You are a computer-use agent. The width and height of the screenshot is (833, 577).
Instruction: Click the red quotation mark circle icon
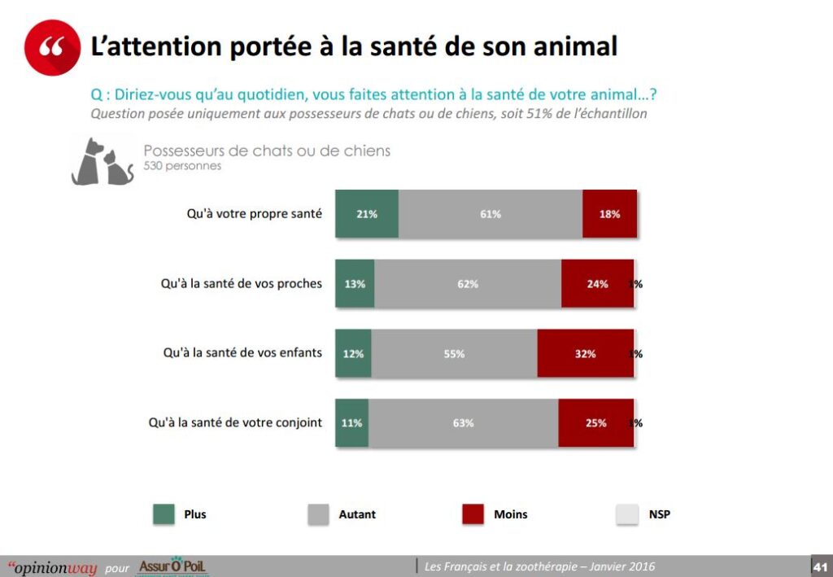click(x=53, y=47)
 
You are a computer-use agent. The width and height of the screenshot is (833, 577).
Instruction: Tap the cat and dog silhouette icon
click(x=102, y=162)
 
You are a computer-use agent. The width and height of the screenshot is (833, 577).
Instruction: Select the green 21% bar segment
click(x=366, y=214)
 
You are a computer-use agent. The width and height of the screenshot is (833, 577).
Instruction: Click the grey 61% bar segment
click(x=491, y=214)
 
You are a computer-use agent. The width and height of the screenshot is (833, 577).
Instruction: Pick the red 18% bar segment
click(x=609, y=214)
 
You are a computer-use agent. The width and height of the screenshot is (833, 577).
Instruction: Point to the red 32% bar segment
click(x=585, y=354)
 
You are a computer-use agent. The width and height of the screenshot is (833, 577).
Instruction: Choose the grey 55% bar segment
click(x=454, y=354)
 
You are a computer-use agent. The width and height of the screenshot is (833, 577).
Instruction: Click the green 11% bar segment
click(x=351, y=423)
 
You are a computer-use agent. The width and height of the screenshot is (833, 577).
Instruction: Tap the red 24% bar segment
click(x=597, y=284)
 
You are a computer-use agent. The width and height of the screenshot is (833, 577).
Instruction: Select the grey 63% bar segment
click(x=463, y=423)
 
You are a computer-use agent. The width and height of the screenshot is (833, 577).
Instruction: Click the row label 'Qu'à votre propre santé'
click(x=254, y=214)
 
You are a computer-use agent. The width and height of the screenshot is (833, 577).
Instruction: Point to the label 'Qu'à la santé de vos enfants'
click(x=242, y=353)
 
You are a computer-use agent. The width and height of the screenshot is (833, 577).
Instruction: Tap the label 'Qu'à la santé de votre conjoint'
click(x=235, y=423)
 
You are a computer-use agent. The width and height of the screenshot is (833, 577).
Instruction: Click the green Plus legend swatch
click(x=164, y=514)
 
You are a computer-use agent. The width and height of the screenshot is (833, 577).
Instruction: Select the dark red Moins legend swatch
click(x=473, y=514)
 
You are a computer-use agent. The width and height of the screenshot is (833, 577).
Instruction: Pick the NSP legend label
click(x=659, y=514)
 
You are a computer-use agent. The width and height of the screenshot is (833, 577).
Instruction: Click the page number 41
click(x=820, y=566)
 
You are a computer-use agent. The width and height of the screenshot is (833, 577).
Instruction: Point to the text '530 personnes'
click(x=182, y=166)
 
